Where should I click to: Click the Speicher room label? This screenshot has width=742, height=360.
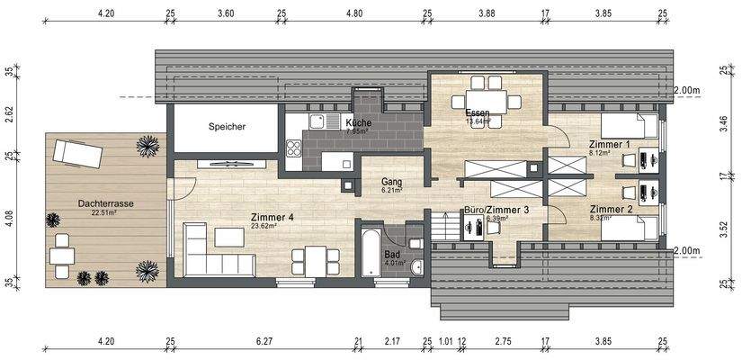click(227, 127)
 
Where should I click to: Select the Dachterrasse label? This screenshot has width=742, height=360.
click(105, 204)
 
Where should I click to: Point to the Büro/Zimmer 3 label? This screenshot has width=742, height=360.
click(496, 209)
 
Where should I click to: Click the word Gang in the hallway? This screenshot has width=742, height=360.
click(390, 182)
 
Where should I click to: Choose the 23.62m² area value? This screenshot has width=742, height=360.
click(264, 227)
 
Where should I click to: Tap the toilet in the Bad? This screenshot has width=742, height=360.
click(416, 266)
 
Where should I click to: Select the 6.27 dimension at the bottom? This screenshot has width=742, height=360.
click(264, 342)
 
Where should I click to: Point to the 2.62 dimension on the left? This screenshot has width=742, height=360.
click(9, 113)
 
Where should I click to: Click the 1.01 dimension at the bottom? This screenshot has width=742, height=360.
click(445, 342)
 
